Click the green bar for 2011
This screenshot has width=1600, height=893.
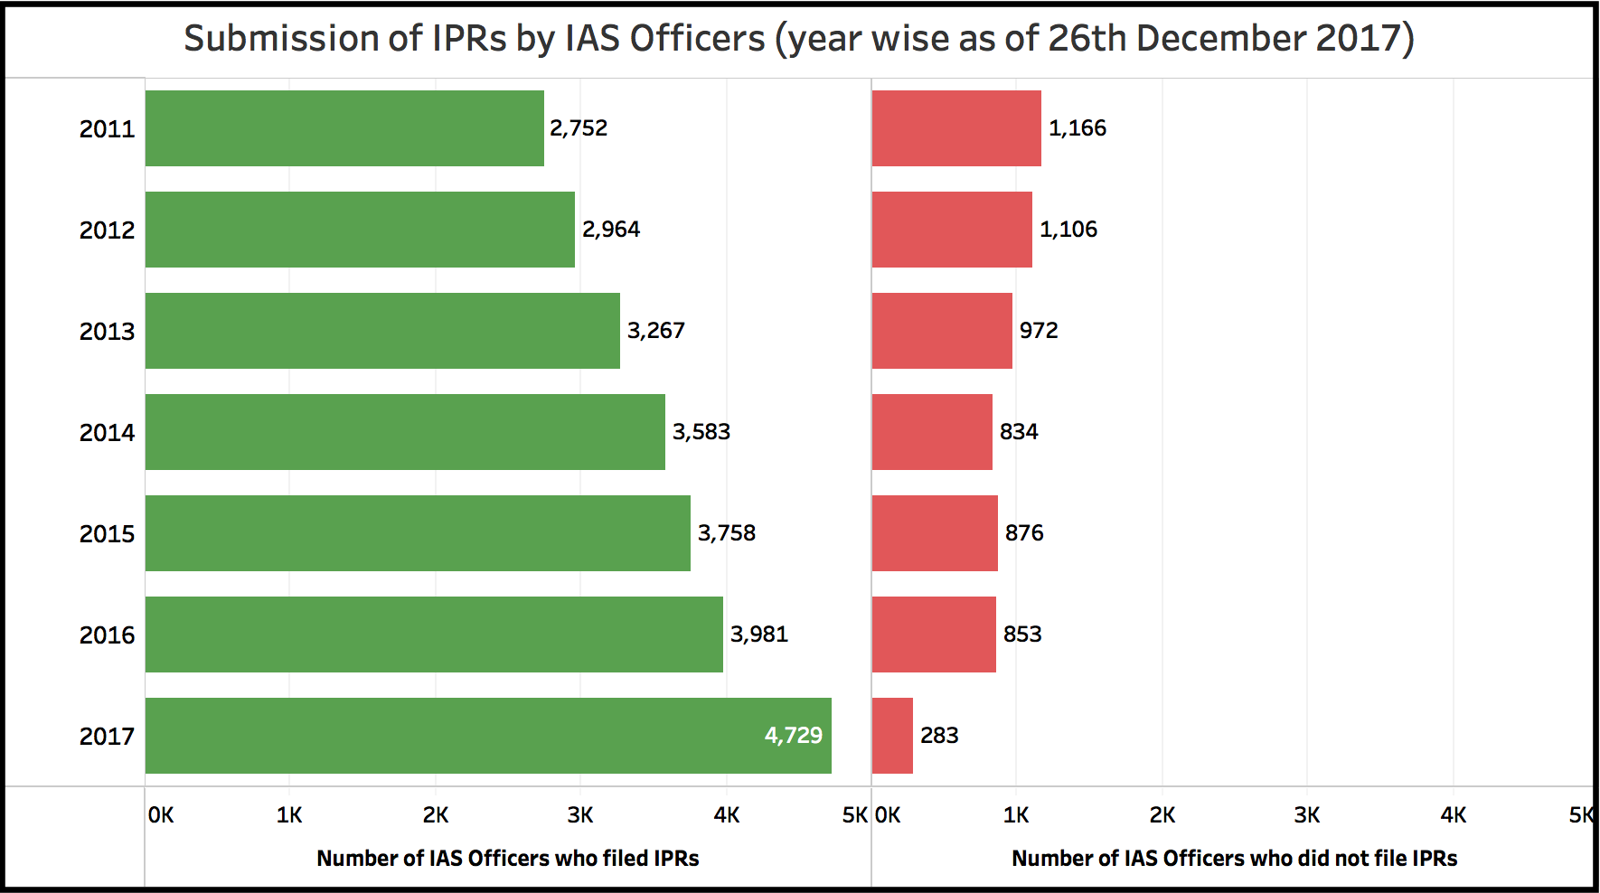[344, 128]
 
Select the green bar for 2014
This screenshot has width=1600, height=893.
[405, 432]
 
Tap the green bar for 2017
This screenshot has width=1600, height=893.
[488, 736]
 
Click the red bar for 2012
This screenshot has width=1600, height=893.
[952, 230]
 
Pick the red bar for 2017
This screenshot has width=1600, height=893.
[892, 736]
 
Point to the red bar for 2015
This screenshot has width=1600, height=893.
[935, 533]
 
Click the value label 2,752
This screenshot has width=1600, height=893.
[579, 128]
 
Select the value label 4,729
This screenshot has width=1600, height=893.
[794, 736]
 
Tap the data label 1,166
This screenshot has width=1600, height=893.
[1078, 128]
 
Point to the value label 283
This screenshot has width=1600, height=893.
[939, 736]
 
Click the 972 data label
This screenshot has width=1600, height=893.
[1039, 331]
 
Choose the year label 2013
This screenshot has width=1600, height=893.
[107, 332]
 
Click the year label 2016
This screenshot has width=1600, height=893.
[107, 635]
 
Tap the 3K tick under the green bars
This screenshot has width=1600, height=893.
[580, 815]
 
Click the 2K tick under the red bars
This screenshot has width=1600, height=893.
[1162, 815]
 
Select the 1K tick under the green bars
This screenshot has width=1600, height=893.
[289, 815]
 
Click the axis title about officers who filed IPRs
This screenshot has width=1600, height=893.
[508, 859]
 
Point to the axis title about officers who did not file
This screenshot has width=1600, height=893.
[1234, 859]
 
